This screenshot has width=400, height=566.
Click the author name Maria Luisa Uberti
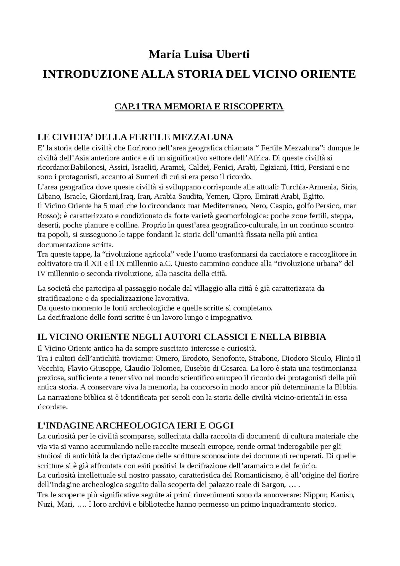[x=199, y=54]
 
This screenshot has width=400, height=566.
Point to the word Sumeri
[x=146, y=177]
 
